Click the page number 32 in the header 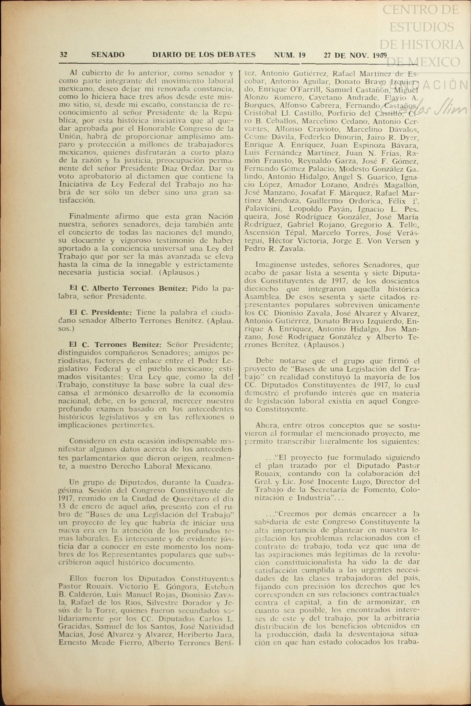coord(63,55)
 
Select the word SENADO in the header coord(108,55)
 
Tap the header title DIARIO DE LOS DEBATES coord(204,55)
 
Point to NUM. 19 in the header coord(289,55)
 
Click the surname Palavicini coord(263,209)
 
